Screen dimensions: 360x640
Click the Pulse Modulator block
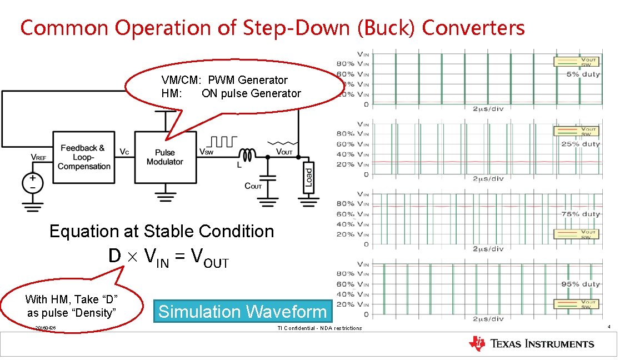pos(165,157)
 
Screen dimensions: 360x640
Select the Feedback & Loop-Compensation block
pos(83,157)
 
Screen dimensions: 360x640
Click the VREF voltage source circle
pos(33,183)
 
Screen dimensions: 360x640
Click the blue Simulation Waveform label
pos(242,312)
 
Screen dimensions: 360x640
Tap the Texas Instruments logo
pos(532,344)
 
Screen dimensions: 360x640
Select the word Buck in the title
pos(386,28)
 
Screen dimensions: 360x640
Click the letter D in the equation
pos(114,256)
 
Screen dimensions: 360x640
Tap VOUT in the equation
pos(209,258)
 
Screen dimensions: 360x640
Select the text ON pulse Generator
pos(251,93)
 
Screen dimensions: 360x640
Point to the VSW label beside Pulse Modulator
pos(207,152)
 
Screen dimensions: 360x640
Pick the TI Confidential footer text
pos(319,328)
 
